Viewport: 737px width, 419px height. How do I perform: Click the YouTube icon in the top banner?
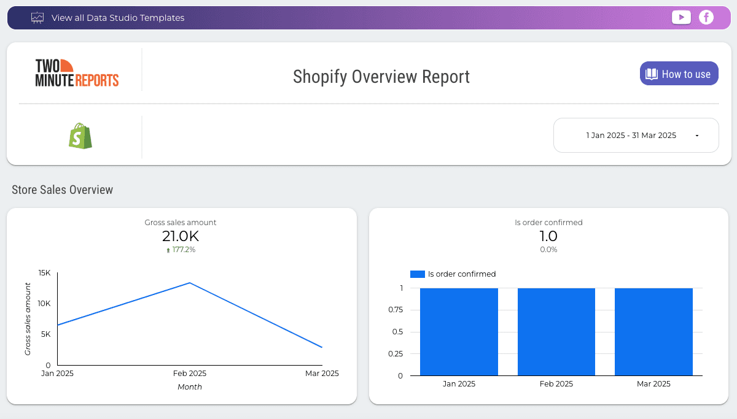tap(681, 18)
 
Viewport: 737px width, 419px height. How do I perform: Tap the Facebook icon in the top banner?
tap(706, 18)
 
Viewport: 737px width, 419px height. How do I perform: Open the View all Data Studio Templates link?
tap(117, 18)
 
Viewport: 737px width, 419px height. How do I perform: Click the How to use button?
tap(679, 74)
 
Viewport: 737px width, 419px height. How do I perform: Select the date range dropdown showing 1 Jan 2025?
tap(636, 135)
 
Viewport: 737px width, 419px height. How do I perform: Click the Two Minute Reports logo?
tap(77, 73)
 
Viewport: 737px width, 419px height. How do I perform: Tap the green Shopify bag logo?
tap(80, 136)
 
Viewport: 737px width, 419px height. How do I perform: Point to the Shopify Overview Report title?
tap(381, 77)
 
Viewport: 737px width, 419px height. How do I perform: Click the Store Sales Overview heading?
tap(62, 190)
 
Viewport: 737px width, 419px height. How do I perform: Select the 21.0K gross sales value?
tap(181, 236)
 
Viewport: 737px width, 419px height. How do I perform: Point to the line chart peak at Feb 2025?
tap(190, 283)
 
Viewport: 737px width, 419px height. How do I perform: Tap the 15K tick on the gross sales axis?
tap(44, 272)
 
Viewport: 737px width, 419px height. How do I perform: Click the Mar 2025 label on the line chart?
tap(322, 373)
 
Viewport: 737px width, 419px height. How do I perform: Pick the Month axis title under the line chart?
tap(189, 387)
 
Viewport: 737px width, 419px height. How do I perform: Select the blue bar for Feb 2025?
tap(556, 331)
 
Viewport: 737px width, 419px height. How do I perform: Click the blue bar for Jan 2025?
tap(459, 331)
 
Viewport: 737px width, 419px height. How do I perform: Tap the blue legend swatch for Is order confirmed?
tap(417, 274)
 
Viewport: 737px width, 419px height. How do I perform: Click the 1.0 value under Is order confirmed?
tap(548, 236)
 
